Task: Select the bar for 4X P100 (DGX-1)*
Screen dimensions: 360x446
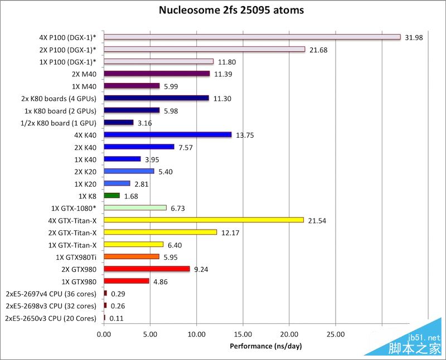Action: pyautogui.click(x=252, y=37)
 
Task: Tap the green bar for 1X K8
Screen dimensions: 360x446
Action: pyautogui.click(x=111, y=196)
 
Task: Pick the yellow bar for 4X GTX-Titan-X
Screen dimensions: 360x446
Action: pyautogui.click(x=203, y=220)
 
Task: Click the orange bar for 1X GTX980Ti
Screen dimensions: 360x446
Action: pyautogui.click(x=132, y=257)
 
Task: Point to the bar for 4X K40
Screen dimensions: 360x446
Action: pyautogui.click(x=167, y=134)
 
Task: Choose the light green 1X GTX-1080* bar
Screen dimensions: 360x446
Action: pyautogui.click(x=135, y=208)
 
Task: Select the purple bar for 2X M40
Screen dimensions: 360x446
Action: pyautogui.click(x=157, y=74)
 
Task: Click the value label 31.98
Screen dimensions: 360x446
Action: pyautogui.click(x=414, y=37)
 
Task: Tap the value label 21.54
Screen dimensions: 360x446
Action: pyautogui.click(x=317, y=221)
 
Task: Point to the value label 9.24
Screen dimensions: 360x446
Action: pyautogui.click(x=202, y=269)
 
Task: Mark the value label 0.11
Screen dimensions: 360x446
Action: pyautogui.click(x=117, y=318)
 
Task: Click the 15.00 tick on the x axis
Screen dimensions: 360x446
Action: pyautogui.click(x=243, y=334)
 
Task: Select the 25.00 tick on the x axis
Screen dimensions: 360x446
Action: pyautogui.click(x=335, y=334)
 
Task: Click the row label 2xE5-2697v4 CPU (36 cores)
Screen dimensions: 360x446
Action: pyautogui.click(x=51, y=294)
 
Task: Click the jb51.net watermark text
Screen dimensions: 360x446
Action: pyautogui.click(x=424, y=338)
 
